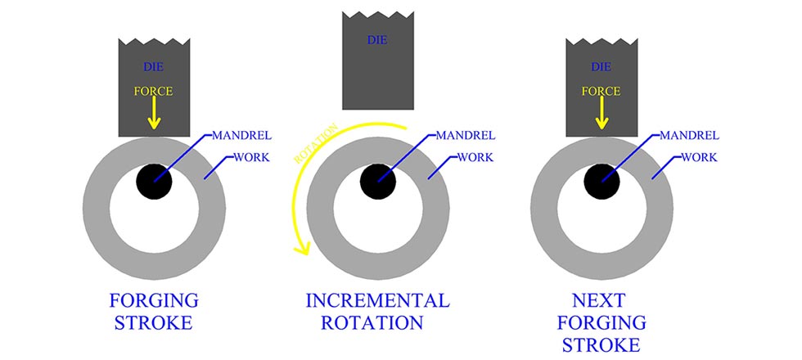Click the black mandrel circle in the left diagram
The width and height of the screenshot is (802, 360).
[x=154, y=181]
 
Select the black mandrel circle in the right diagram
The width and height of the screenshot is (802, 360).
[x=601, y=181]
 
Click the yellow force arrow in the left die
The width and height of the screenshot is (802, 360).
[x=155, y=115]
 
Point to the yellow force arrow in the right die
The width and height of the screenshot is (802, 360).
[x=601, y=115]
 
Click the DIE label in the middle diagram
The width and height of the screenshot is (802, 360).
[x=377, y=38]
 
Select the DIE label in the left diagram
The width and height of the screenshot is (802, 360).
[x=154, y=66]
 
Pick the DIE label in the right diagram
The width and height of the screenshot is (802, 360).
[x=601, y=66]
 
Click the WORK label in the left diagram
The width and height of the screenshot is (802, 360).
[x=246, y=156]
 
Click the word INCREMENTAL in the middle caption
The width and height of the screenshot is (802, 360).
[x=377, y=299]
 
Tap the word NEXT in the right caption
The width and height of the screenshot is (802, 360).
[x=601, y=299]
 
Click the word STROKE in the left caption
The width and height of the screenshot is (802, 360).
[x=154, y=322]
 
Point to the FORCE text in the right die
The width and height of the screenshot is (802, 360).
[x=601, y=92]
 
